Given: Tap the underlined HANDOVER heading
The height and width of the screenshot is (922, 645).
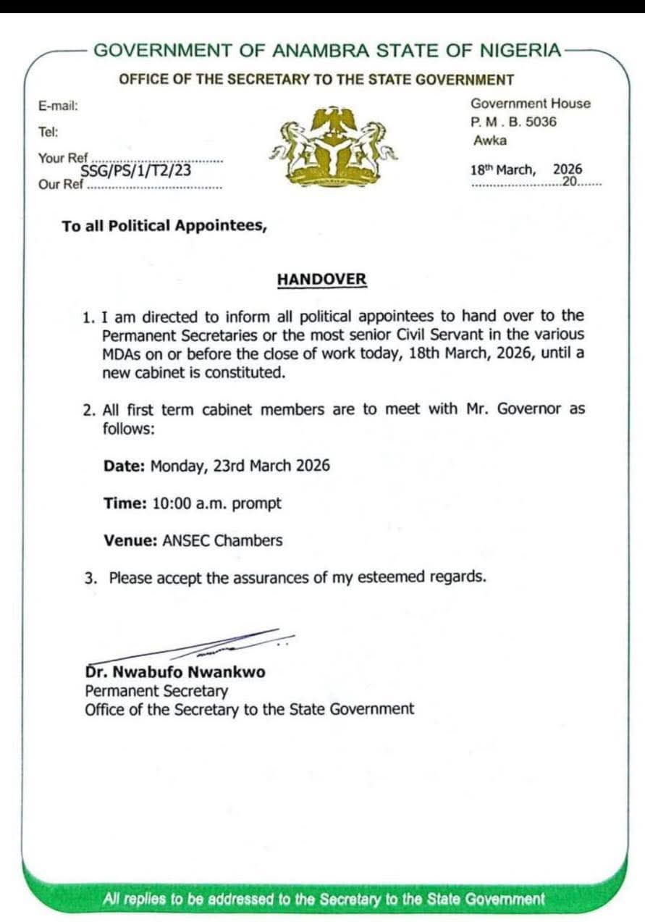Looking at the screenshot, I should [321, 280].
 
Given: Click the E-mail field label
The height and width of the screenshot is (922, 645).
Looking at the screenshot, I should [58, 106].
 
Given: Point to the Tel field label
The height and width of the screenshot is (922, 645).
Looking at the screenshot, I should [49, 132].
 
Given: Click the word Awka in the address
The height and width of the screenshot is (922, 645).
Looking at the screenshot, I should [490, 141].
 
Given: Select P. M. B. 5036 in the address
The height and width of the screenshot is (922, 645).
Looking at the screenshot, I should [514, 122].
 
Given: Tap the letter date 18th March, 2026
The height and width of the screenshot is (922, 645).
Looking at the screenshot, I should [526, 170].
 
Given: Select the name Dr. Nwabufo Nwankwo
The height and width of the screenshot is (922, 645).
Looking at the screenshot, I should [175, 672].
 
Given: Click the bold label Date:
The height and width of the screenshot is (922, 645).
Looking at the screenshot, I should [125, 465].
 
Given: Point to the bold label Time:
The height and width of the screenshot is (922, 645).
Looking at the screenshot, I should [125, 503].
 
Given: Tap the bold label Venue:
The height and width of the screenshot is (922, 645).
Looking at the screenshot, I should [130, 540].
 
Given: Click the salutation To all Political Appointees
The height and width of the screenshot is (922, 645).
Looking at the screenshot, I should [164, 226].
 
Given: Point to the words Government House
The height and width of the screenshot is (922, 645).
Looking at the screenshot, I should [531, 104].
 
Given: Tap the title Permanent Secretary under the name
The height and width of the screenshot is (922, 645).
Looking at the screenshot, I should [156, 691].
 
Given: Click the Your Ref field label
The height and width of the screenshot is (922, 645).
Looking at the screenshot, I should [63, 158].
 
